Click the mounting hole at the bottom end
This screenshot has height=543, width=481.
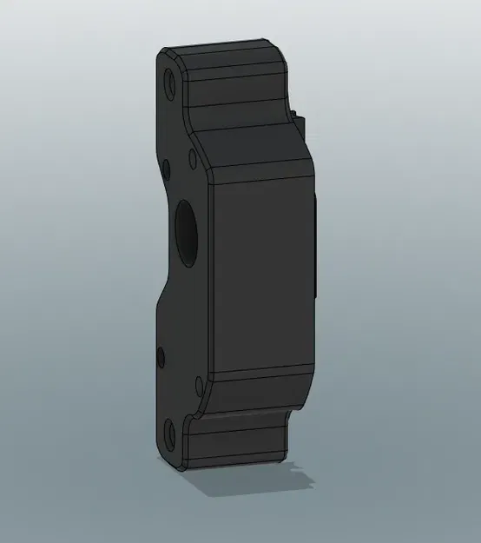coord(170,432)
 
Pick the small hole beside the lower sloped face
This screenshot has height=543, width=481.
coord(199,384)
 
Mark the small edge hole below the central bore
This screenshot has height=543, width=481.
coord(159,356)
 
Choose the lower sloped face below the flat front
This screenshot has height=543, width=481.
coord(256,395)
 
